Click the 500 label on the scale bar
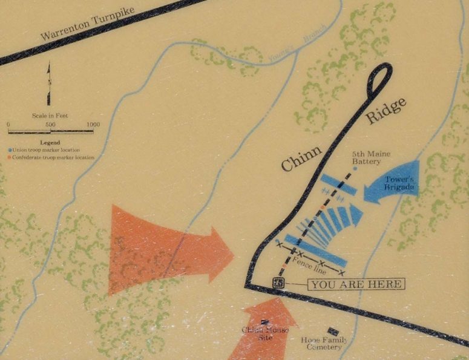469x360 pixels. tap(50, 125)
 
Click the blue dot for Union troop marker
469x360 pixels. tap(10, 149)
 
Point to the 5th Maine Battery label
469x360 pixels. tap(366, 159)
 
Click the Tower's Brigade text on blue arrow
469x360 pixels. tap(400, 183)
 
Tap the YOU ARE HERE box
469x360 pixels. tap(356, 284)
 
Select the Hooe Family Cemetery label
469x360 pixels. tap(324, 343)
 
